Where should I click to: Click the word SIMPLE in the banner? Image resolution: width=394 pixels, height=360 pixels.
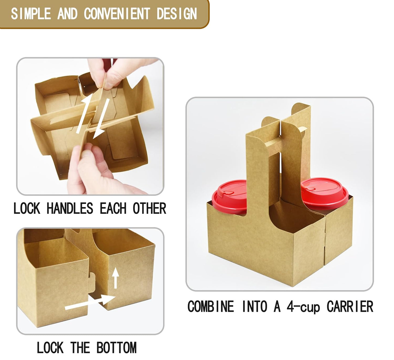(31, 14)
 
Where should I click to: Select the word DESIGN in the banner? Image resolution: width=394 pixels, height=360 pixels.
(177, 14)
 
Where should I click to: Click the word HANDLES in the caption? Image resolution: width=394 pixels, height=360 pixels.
(70, 209)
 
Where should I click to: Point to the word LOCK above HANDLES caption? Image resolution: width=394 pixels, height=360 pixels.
(27, 209)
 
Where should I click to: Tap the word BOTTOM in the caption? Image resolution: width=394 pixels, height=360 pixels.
(116, 348)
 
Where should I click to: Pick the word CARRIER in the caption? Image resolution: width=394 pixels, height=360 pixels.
(350, 306)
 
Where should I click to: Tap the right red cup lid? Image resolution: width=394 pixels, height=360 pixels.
(324, 192)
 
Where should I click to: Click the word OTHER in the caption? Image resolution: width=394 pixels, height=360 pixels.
(149, 209)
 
